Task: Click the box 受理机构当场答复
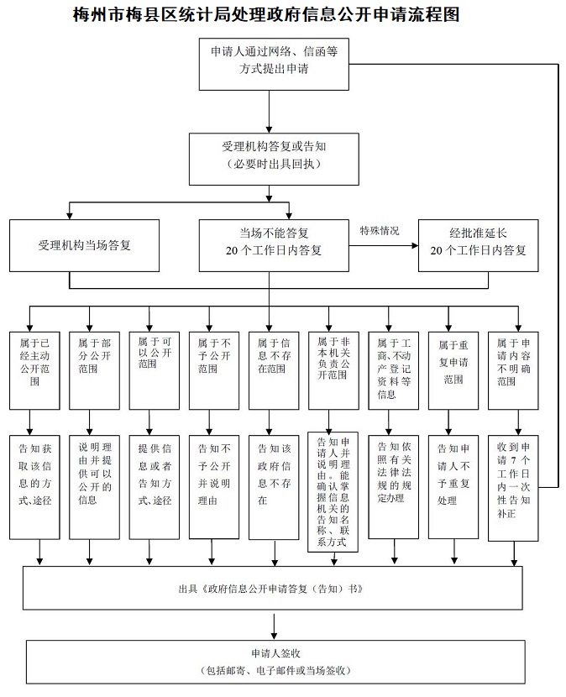click(x=84, y=245)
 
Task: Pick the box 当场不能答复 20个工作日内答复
click(x=274, y=245)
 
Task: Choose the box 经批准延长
click(x=478, y=245)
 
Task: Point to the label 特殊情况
click(x=380, y=231)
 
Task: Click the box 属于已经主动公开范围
click(x=34, y=369)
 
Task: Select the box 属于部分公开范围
click(x=94, y=369)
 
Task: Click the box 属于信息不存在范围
click(x=273, y=369)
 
